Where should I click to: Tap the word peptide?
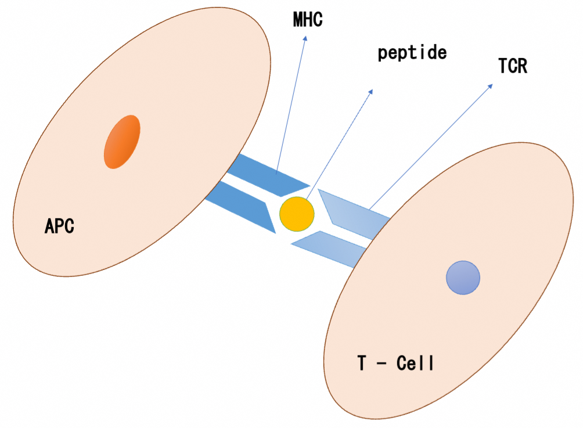pyautogui.click(x=412, y=53)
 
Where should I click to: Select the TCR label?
pyautogui.click(x=513, y=67)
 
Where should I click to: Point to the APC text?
pyautogui.click(x=60, y=225)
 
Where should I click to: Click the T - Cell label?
pyautogui.click(x=395, y=364)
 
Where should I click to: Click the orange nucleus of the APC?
pyautogui.click(x=122, y=142)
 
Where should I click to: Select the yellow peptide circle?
pyautogui.click(x=297, y=214)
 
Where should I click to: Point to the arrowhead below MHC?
pyautogui.click(x=304, y=38)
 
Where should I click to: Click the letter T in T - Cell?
pyautogui.click(x=362, y=364)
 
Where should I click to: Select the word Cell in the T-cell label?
pyautogui.click(x=415, y=364)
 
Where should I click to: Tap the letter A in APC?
pyautogui.click(x=50, y=225)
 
